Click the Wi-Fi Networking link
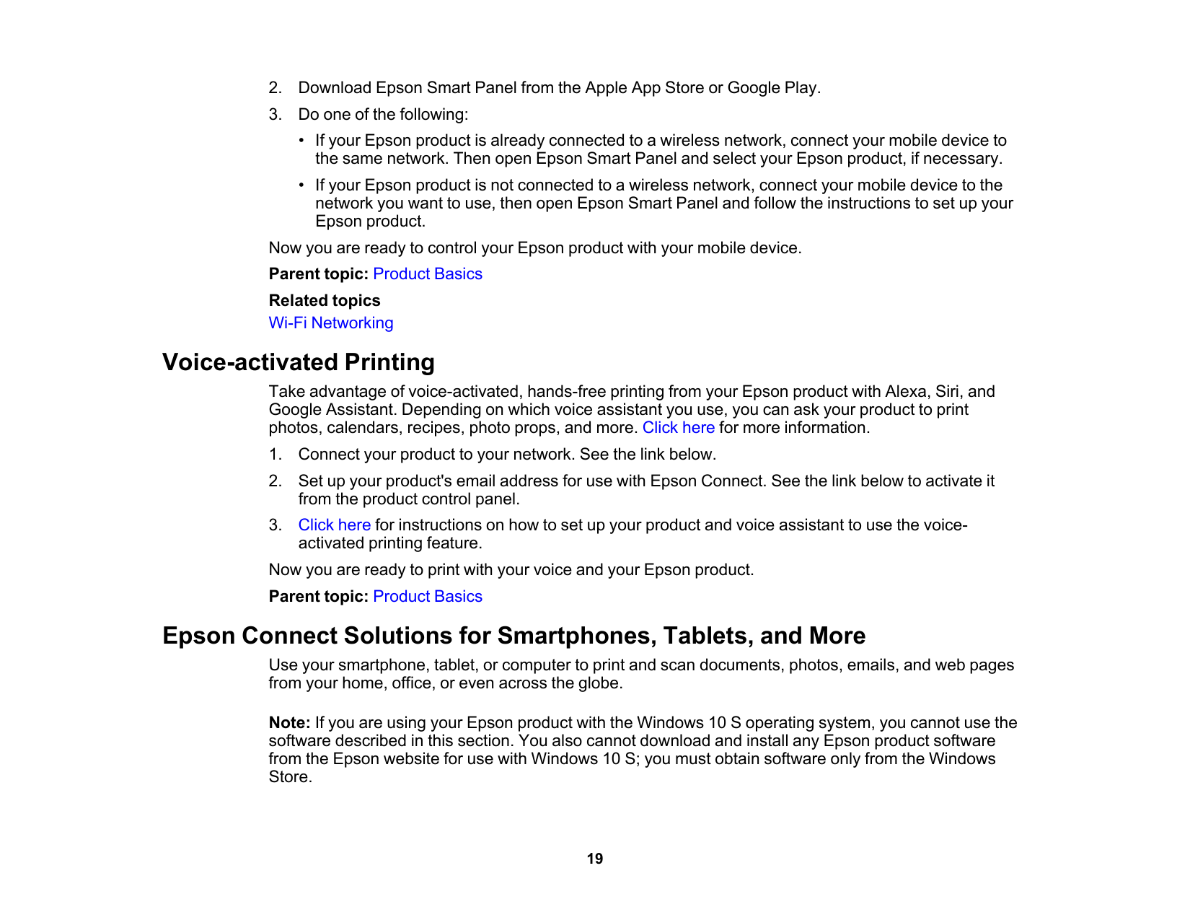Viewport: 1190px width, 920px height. [x=331, y=323]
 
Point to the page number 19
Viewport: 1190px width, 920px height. [x=594, y=859]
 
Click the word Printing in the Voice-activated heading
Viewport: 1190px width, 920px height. [x=389, y=362]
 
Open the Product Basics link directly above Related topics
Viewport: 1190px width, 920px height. [x=428, y=274]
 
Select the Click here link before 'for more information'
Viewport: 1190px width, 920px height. [x=678, y=428]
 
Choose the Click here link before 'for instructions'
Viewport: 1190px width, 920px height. [x=334, y=525]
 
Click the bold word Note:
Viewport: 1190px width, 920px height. [x=289, y=723]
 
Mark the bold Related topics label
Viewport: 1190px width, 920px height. [x=325, y=301]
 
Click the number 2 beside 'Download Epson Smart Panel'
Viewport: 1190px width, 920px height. [x=274, y=88]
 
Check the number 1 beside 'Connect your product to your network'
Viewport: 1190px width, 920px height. [x=274, y=455]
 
